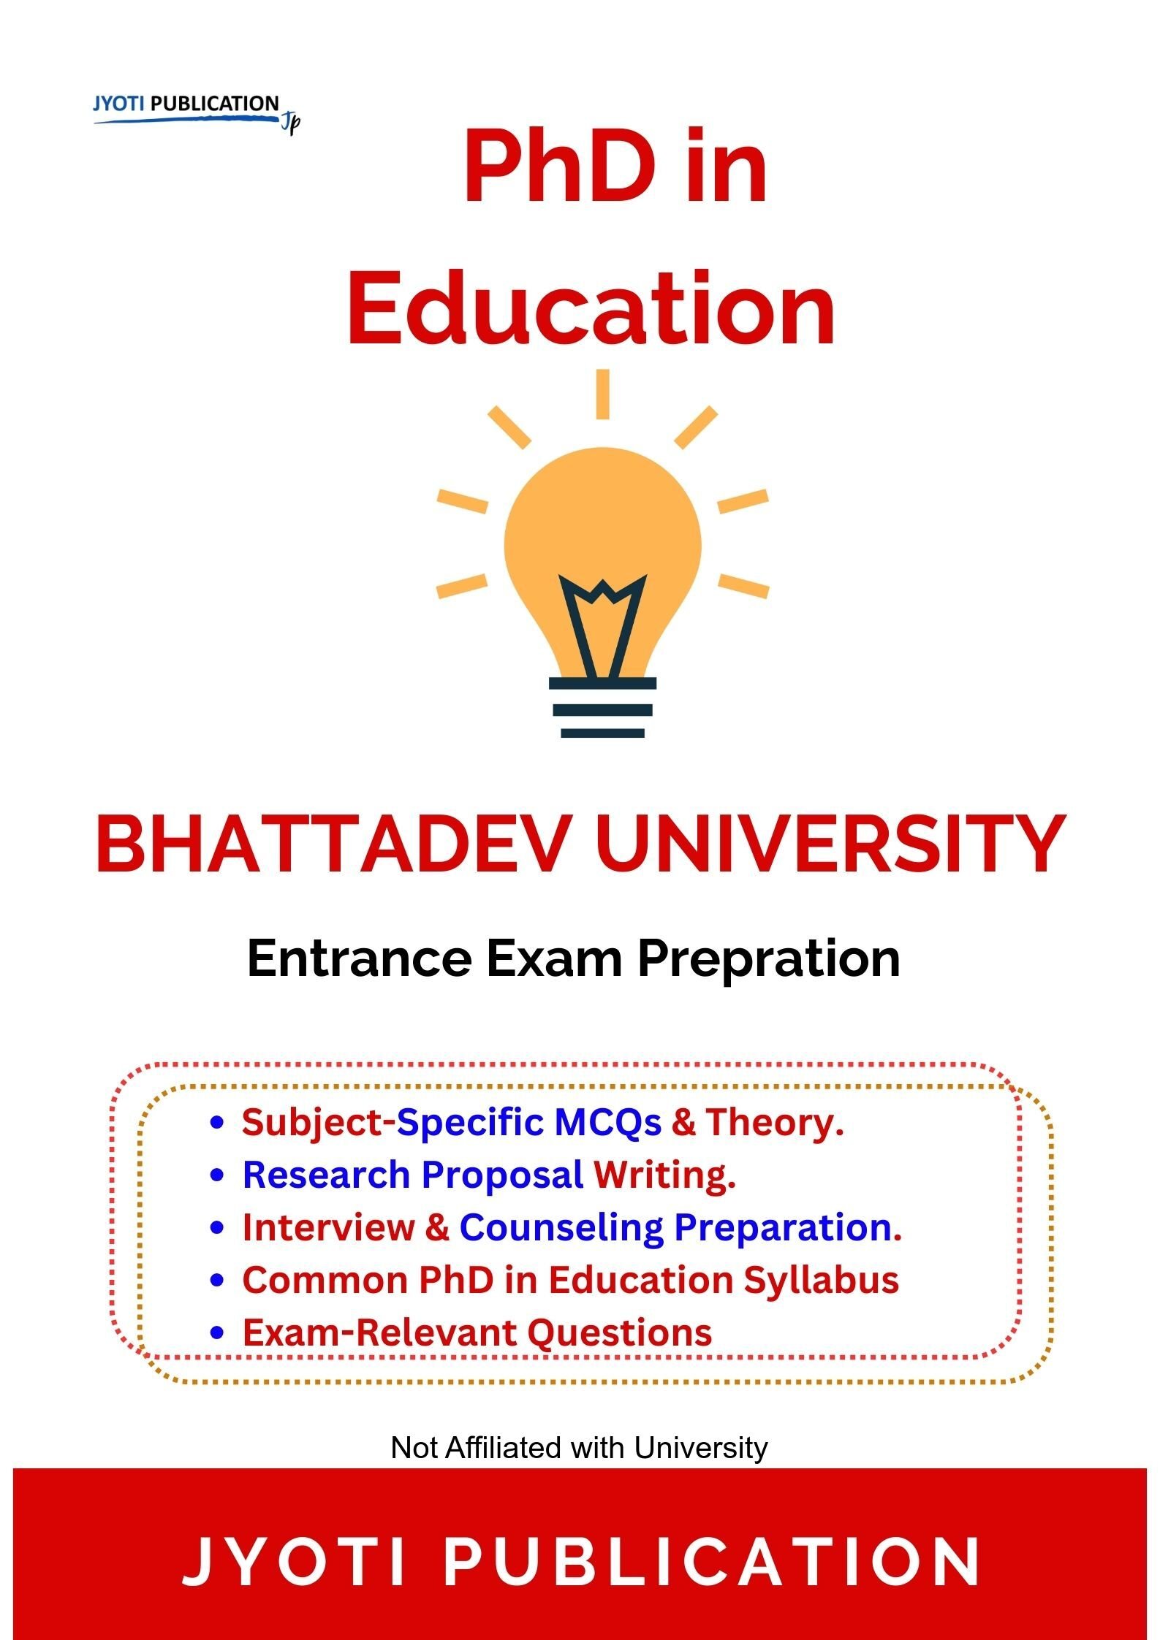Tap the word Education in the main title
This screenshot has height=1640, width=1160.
pos(591,308)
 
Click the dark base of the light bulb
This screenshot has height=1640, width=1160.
pos(602,708)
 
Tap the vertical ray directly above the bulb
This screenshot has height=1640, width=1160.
pos(602,394)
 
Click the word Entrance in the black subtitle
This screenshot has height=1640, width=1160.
pos(359,958)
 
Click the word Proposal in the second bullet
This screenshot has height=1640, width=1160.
pos(502,1176)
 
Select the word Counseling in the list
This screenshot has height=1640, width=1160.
pos(561,1229)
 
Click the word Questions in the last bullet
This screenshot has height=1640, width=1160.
pos(620,1333)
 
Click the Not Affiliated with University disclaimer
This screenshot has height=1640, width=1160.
pos(580,1448)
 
